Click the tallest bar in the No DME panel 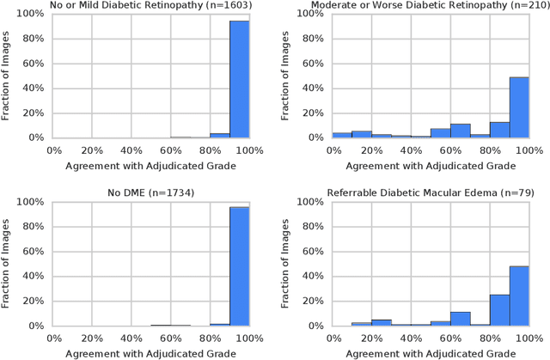pos(239,266)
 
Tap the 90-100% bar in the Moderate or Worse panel pos(518,107)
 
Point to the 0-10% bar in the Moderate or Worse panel pos(342,135)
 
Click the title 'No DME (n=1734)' pos(151,192)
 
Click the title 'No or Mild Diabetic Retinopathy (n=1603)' pos(151,5)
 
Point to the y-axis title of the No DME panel pos(7,264)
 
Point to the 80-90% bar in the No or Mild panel pos(219,135)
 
